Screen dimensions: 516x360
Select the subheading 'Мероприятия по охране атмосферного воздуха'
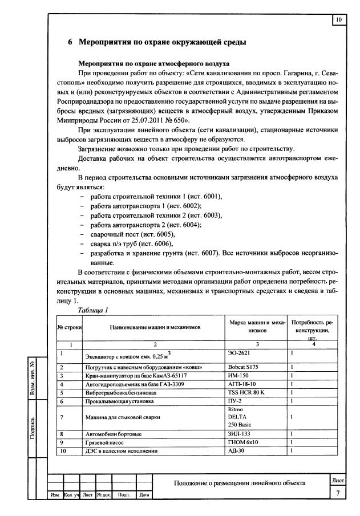pyautogui.click(x=153, y=63)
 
